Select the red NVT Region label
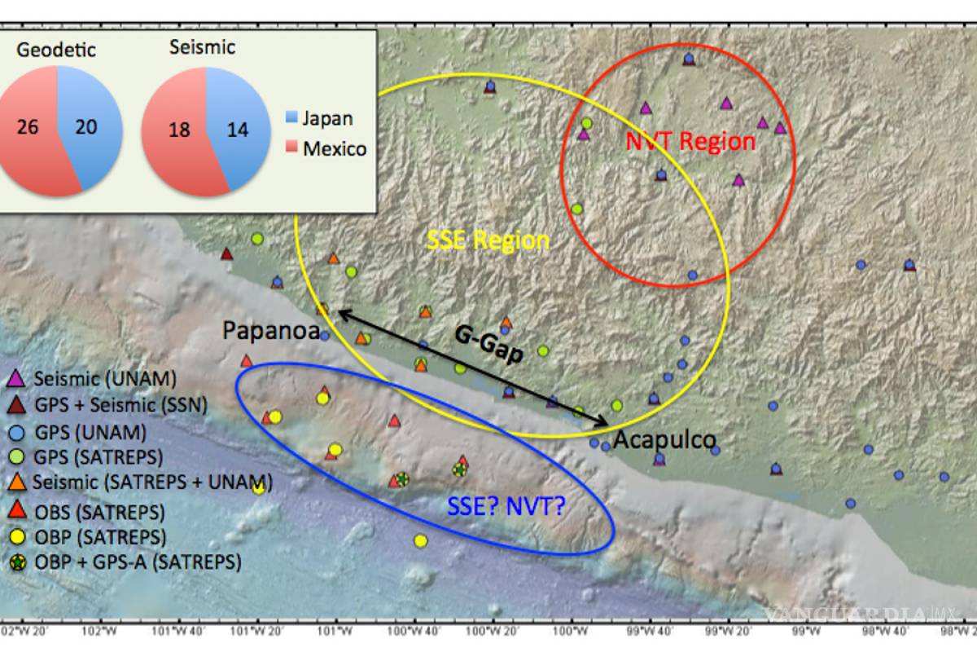[x=690, y=141]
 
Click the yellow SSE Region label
[x=488, y=240]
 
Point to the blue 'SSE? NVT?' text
[x=506, y=507]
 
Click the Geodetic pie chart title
[x=56, y=50]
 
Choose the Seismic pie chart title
[x=202, y=47]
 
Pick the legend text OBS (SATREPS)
[x=99, y=513]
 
